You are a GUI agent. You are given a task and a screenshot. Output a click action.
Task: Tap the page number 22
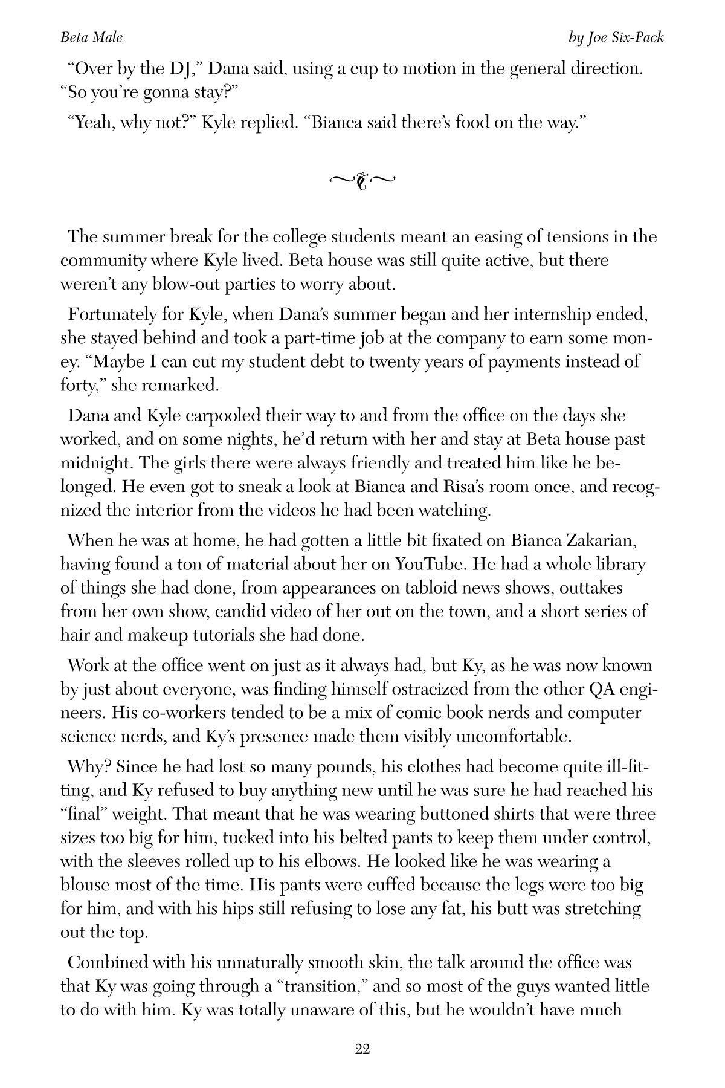pyautogui.click(x=362, y=1049)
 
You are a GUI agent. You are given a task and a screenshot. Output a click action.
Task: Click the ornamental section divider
pyautogui.click(x=362, y=180)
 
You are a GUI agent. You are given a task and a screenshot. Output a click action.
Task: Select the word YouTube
pyautogui.click(x=430, y=564)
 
